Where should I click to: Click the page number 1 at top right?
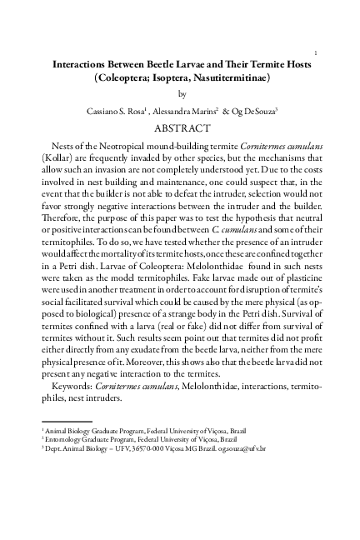click(316, 52)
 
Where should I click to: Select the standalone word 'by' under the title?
click(183, 94)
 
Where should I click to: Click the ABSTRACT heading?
click(183, 128)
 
